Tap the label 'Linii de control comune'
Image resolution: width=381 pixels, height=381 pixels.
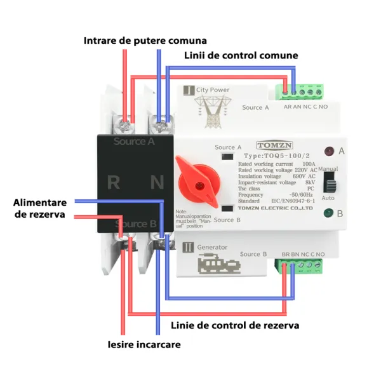241,55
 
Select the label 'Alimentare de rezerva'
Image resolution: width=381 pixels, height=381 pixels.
39,208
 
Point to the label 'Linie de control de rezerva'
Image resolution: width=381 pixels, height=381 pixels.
235,325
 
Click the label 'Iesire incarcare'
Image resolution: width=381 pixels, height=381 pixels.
144,345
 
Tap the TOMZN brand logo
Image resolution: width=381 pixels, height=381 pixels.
271,145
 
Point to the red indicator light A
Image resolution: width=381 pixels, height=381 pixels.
329,152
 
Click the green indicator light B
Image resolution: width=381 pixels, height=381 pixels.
329,213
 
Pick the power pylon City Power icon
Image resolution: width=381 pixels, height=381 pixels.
211,108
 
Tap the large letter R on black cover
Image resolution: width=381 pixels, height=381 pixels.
114,183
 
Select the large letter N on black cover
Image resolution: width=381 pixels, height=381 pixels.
156,183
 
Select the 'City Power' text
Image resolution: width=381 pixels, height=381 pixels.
213,90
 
